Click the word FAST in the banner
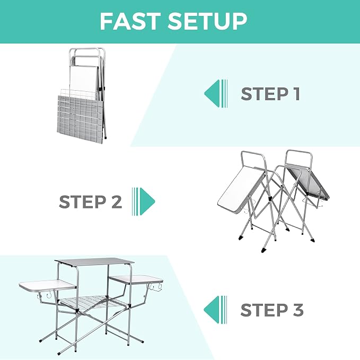130,21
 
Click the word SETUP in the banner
207,21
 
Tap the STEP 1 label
270,94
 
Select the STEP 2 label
90,202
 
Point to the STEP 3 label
272,310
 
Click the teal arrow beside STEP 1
216,93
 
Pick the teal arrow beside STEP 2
144,201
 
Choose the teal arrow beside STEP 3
215,310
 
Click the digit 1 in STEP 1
296,94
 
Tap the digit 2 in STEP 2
117,202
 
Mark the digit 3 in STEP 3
298,310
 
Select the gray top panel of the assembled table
94,262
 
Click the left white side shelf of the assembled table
48,286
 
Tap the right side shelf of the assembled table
136,279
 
